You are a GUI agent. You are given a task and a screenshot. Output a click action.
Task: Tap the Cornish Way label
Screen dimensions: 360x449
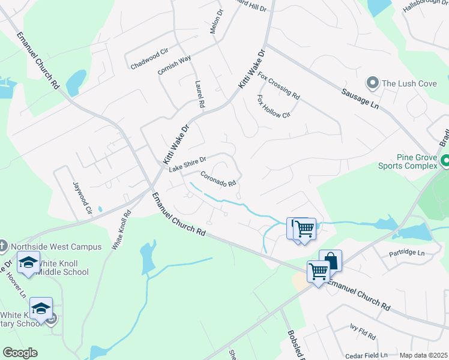pos(174,65)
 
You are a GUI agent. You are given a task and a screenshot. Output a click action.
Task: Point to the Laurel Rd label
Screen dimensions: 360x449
pos(200,95)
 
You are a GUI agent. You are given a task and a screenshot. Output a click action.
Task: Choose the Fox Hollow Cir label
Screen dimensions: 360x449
pos(273,107)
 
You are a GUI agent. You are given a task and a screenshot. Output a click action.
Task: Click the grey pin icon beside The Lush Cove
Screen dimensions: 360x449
pos(372,83)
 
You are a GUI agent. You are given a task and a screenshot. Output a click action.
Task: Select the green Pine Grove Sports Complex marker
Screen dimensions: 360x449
pos(445,161)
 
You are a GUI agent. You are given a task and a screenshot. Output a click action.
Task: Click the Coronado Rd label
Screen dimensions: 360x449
pos(218,179)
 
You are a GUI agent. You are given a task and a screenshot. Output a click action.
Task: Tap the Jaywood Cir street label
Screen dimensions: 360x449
pos(82,199)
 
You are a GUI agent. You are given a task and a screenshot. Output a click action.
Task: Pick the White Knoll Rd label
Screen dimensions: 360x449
pos(121,230)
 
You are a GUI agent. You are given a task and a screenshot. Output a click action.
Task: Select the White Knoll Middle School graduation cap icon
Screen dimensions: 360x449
pos(28,262)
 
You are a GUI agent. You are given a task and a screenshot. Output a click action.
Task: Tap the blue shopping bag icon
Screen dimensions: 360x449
pos(330,260)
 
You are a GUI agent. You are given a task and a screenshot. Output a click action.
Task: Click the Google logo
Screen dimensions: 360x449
pos(20,353)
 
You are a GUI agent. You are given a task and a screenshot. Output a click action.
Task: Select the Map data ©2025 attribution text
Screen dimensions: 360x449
pos(423,355)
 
